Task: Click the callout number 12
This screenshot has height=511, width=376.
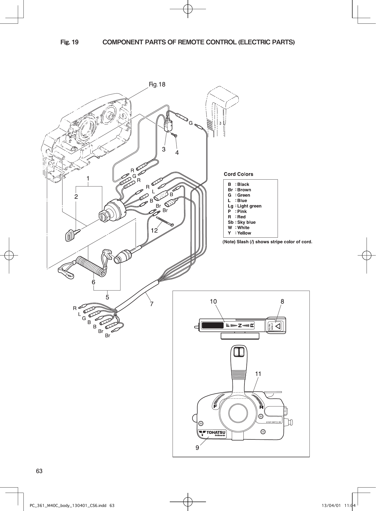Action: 154,231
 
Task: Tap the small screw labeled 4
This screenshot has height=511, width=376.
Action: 175,135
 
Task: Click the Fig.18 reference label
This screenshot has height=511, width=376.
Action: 157,84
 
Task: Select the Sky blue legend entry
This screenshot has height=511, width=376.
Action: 242,222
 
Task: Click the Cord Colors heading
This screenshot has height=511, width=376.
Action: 238,174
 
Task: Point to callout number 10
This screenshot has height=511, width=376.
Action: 213,301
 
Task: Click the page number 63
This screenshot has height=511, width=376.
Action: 39,471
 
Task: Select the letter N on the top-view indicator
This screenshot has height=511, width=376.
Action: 240,325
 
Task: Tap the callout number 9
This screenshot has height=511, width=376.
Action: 197,448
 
